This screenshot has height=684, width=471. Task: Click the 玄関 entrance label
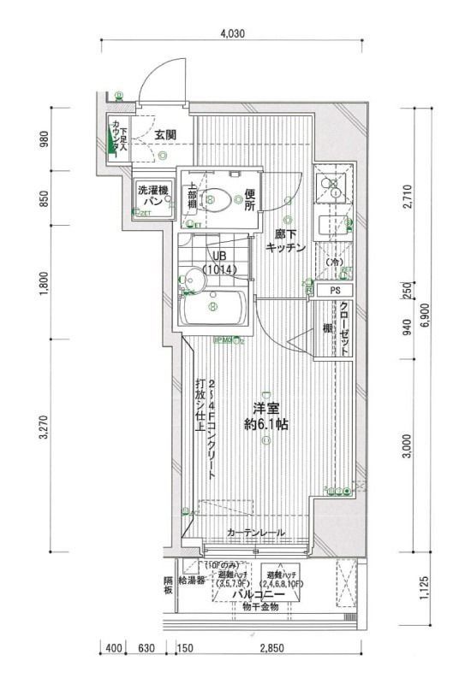coord(165,134)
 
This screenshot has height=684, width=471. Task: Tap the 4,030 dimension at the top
coord(233,33)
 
